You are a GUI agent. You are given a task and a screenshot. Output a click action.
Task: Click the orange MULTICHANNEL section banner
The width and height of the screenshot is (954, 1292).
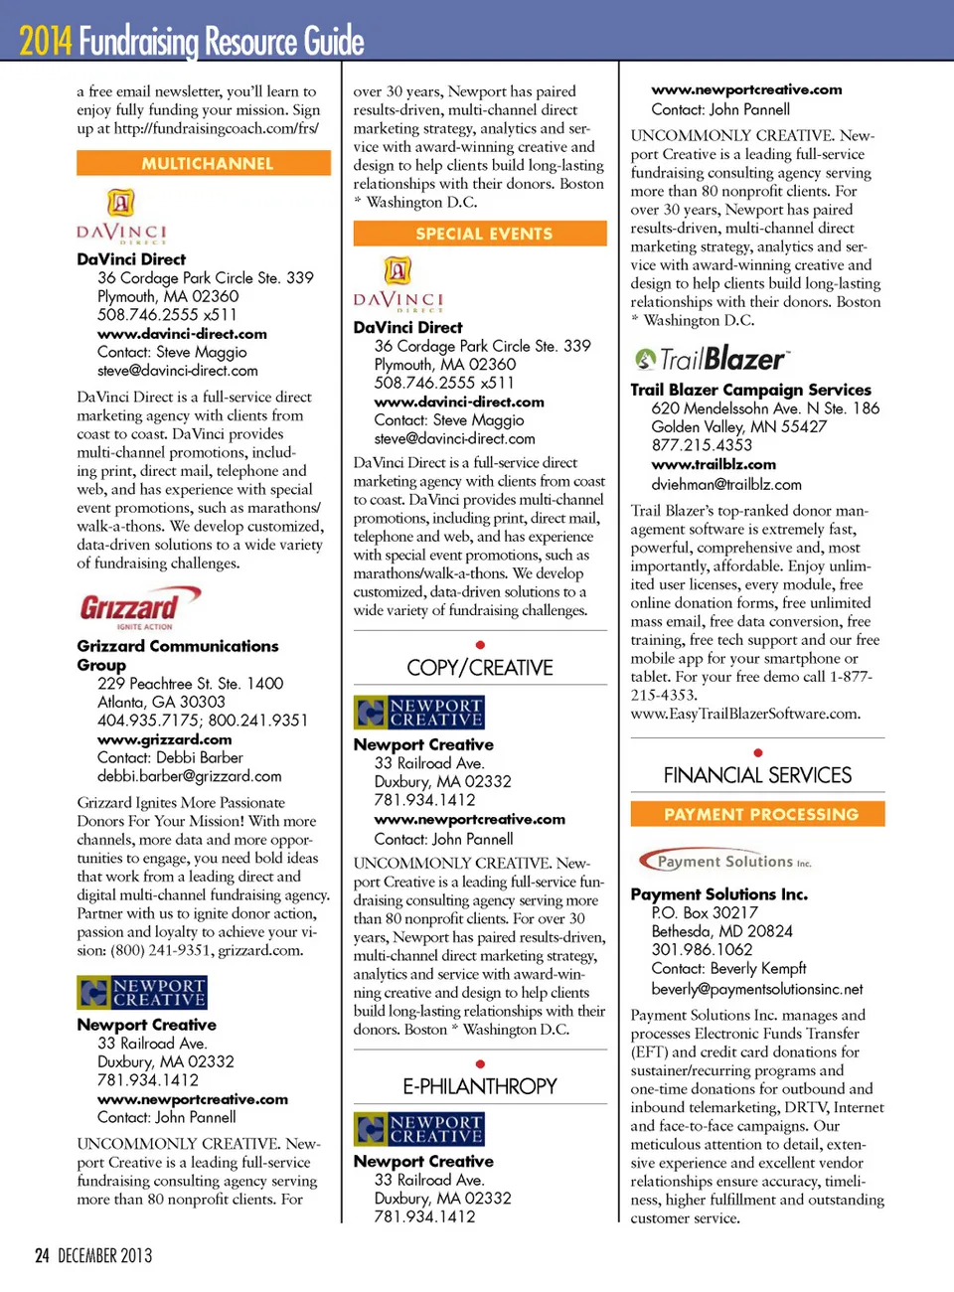click(204, 163)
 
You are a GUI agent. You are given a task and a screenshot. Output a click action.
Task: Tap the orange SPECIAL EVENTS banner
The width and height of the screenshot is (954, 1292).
click(480, 234)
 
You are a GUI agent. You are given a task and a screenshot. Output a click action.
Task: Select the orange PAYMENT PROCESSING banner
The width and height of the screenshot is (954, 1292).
click(757, 814)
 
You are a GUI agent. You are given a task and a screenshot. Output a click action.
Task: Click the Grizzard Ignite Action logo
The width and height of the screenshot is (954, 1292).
click(140, 607)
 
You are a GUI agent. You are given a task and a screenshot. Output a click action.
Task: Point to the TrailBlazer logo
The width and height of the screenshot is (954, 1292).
click(713, 359)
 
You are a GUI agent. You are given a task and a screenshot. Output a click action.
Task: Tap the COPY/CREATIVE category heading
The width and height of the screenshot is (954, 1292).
click(480, 667)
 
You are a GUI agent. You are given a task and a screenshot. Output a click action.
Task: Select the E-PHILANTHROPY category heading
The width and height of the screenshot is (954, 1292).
click(480, 1086)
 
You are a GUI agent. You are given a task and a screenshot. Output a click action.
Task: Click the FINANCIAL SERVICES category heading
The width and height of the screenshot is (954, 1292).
click(757, 775)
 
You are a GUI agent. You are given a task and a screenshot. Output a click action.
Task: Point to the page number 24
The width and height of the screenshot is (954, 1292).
click(42, 1255)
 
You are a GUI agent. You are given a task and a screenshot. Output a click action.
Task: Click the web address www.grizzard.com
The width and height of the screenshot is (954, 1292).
click(164, 739)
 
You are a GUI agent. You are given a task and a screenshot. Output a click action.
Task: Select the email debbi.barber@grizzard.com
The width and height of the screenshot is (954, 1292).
click(189, 776)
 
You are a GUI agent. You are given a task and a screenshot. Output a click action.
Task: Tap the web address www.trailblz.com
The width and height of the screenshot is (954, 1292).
click(714, 464)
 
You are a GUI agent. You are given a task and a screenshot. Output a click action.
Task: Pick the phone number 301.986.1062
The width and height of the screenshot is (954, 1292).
click(702, 949)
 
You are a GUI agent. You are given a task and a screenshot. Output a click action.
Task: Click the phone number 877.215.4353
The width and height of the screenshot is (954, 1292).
click(702, 445)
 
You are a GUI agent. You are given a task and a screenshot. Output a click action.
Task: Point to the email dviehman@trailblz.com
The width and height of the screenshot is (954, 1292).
click(725, 484)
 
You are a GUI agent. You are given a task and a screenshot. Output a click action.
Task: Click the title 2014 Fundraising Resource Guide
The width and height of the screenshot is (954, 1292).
click(192, 42)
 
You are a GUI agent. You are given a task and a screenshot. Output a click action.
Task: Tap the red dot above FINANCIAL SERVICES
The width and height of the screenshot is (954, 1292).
click(758, 752)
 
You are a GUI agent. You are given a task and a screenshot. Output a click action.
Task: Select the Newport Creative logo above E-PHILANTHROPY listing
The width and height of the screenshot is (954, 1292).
click(419, 1129)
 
